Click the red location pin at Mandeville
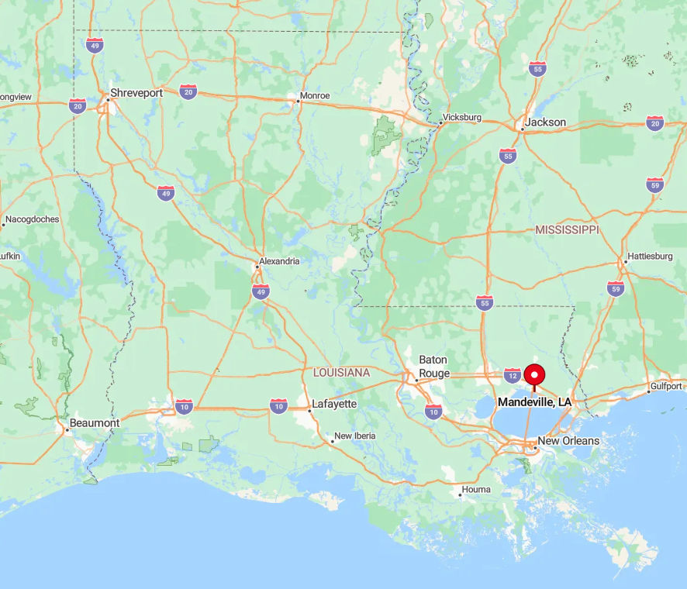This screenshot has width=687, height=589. (x=533, y=375)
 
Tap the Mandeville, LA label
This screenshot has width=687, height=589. (x=534, y=402)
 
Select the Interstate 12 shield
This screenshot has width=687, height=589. (x=512, y=376)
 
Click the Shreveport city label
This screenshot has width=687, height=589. (x=136, y=93)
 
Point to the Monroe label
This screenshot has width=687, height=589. (x=313, y=96)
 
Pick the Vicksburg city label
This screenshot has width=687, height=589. (x=463, y=118)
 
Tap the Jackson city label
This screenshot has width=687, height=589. (x=545, y=122)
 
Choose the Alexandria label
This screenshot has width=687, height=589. (x=279, y=261)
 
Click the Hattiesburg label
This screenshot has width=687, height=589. (x=650, y=256)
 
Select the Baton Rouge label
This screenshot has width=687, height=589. (x=433, y=367)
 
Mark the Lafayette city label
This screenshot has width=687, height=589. (x=333, y=404)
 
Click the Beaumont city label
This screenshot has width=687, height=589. (x=95, y=423)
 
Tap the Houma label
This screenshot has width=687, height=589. (x=476, y=490)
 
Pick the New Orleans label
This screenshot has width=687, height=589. (x=568, y=441)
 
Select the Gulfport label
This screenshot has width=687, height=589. (x=667, y=386)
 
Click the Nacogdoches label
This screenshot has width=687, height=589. (x=33, y=219)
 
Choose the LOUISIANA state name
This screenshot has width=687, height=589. (x=341, y=373)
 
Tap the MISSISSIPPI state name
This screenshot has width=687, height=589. (x=567, y=230)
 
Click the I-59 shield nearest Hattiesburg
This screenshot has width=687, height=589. (x=616, y=288)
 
